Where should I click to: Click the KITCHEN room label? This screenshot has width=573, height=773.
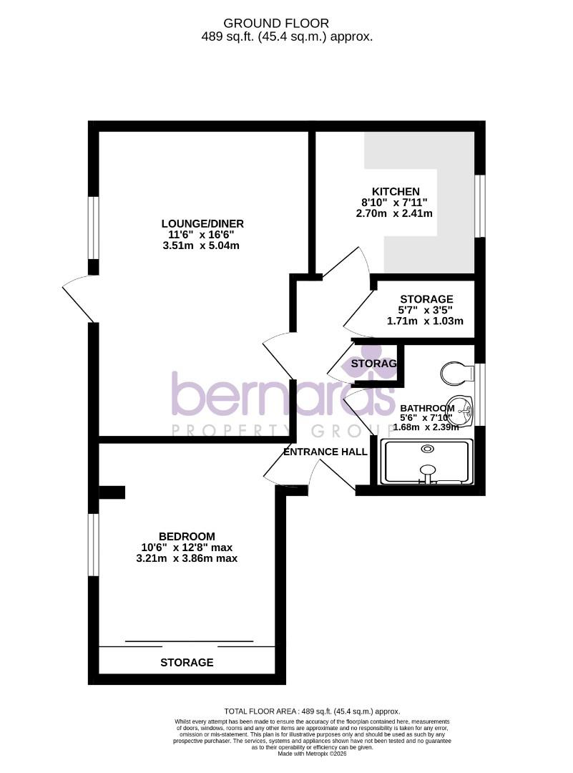tap(395, 191)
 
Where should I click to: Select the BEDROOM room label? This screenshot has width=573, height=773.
tap(187, 536)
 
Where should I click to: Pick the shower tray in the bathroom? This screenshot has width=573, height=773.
tap(428, 462)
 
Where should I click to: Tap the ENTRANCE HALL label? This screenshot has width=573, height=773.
tap(325, 452)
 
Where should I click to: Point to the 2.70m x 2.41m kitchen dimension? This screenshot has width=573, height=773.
tap(394, 213)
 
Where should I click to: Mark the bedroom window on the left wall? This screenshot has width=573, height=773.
tap(93, 545)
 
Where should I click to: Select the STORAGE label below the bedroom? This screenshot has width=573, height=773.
tap(187, 662)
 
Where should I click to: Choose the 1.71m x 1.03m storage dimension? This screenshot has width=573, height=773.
tap(426, 321)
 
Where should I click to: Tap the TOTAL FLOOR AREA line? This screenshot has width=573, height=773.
tap(312, 711)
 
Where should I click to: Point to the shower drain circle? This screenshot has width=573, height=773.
tap(428, 449)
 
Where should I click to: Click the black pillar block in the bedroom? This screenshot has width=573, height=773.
tap(112, 492)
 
